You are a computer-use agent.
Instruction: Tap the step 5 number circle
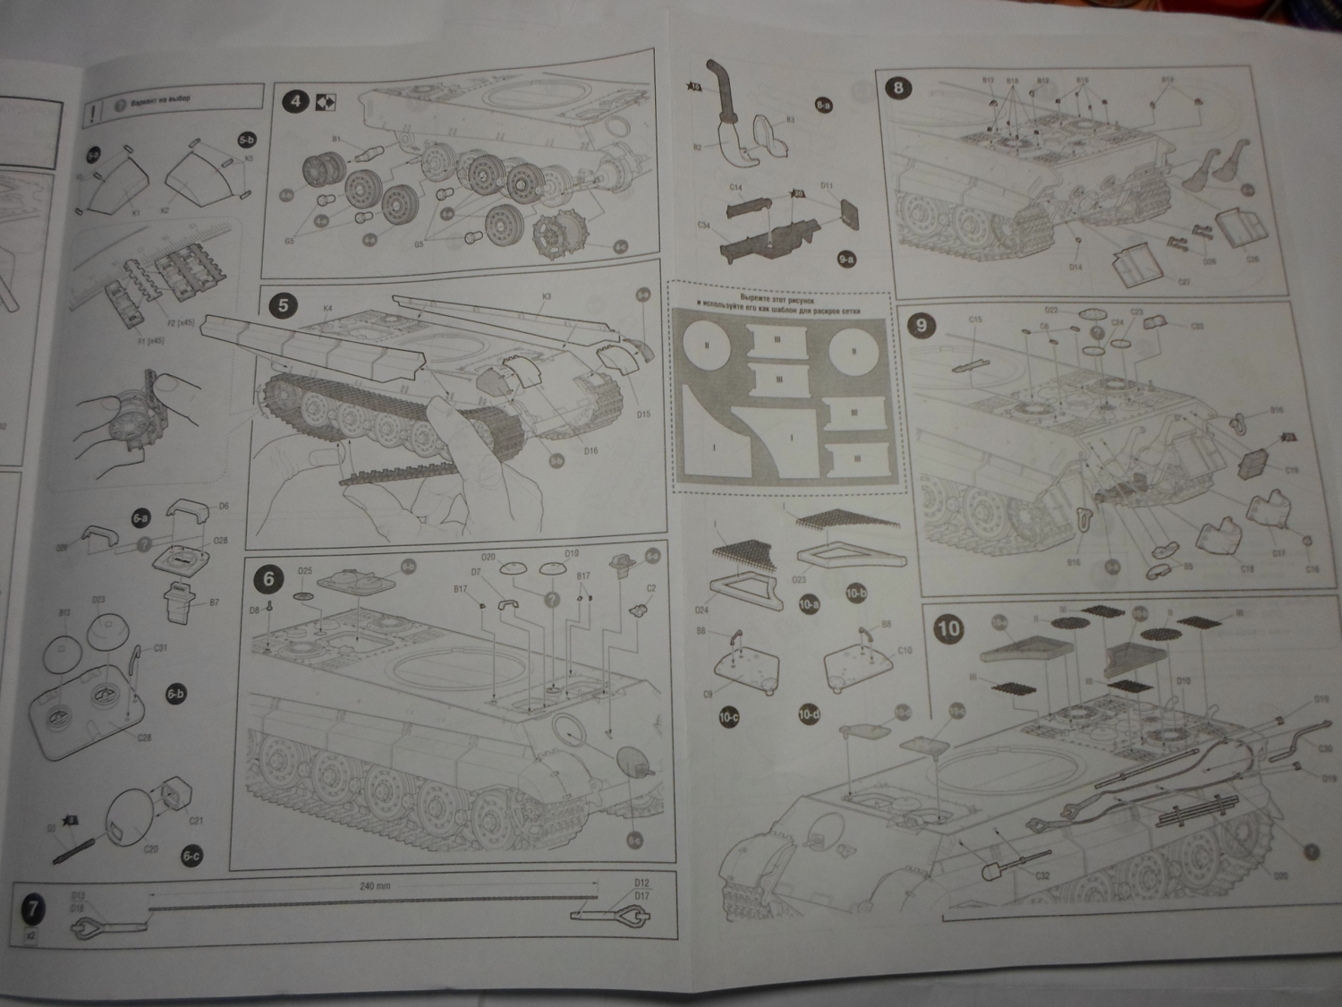284,305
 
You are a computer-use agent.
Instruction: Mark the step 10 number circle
947,627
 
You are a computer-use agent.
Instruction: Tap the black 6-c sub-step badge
190,856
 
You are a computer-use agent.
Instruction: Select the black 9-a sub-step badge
846,259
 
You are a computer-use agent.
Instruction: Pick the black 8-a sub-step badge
824,105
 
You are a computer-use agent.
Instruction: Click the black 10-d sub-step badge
808,715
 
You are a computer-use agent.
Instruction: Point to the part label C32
1042,876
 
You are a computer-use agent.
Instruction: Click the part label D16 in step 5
590,451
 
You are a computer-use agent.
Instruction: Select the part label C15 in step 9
975,345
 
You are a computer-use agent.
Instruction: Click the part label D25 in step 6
304,571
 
